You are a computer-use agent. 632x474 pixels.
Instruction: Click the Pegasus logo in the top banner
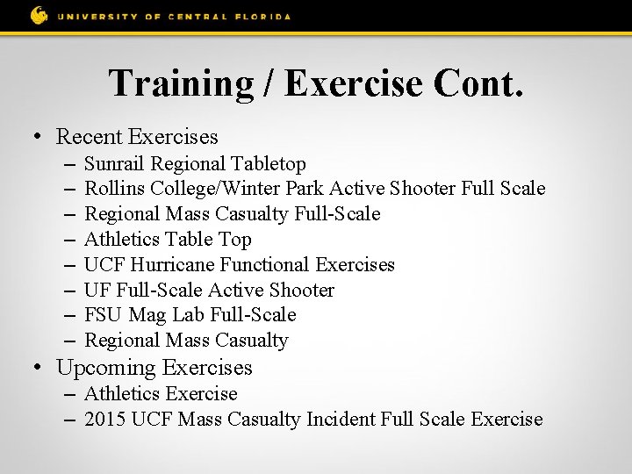click(x=39, y=15)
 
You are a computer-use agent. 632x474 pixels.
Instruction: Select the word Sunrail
click(x=115, y=164)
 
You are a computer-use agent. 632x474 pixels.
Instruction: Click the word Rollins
click(x=115, y=189)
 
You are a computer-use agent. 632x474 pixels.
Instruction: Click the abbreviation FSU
click(x=104, y=314)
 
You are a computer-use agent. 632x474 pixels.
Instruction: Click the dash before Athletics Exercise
click(x=70, y=394)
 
